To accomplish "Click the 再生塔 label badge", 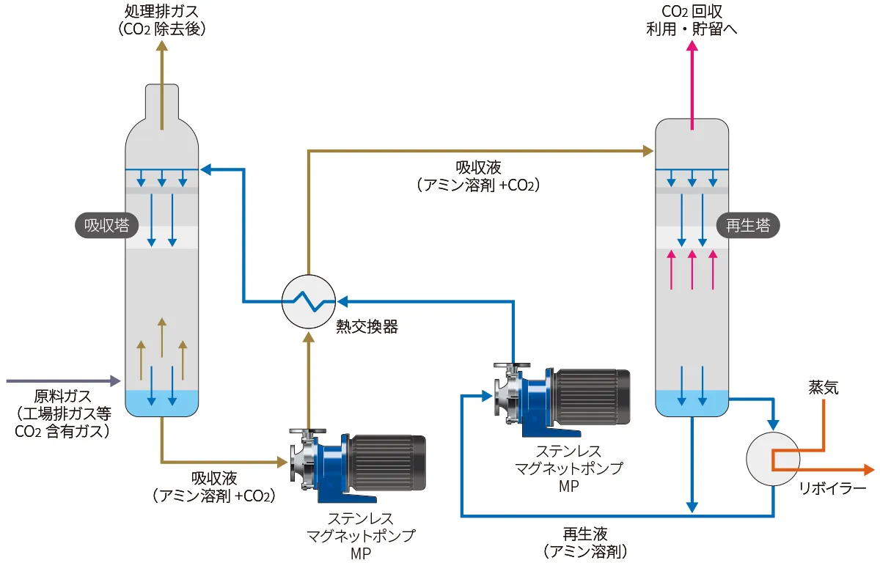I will [747, 226].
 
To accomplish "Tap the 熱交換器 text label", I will [367, 328].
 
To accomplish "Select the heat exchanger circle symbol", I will [309, 301].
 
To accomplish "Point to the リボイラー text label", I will [832, 489].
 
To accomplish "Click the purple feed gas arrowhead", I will [115, 381].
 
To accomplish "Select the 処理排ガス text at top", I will [162, 12].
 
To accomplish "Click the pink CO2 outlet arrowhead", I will [692, 46].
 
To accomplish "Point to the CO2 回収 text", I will [691, 12].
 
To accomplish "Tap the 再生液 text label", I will [585, 533].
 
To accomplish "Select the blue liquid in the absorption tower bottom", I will [162, 402].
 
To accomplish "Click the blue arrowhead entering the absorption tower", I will [206, 170].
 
